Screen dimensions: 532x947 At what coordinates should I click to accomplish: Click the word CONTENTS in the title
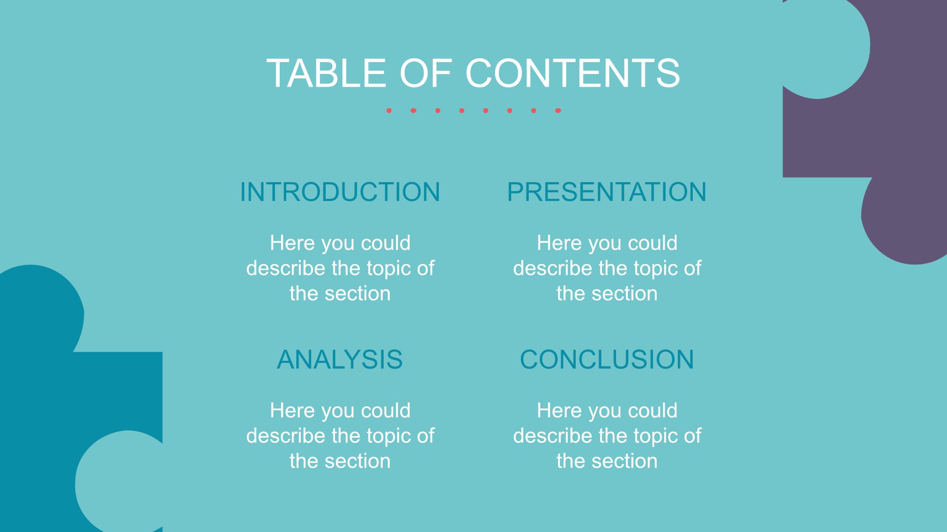[572, 73]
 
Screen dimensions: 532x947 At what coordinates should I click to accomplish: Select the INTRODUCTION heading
[340, 192]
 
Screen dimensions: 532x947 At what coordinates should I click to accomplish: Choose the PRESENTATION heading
[607, 192]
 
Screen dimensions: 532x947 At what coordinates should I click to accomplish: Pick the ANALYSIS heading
[340, 359]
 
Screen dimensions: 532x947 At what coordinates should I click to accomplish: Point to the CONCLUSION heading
[607, 359]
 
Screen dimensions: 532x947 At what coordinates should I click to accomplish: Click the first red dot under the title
[389, 111]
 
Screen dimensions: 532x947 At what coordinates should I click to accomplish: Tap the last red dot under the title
[558, 111]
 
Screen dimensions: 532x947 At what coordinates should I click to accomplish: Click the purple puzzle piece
[859, 131]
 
